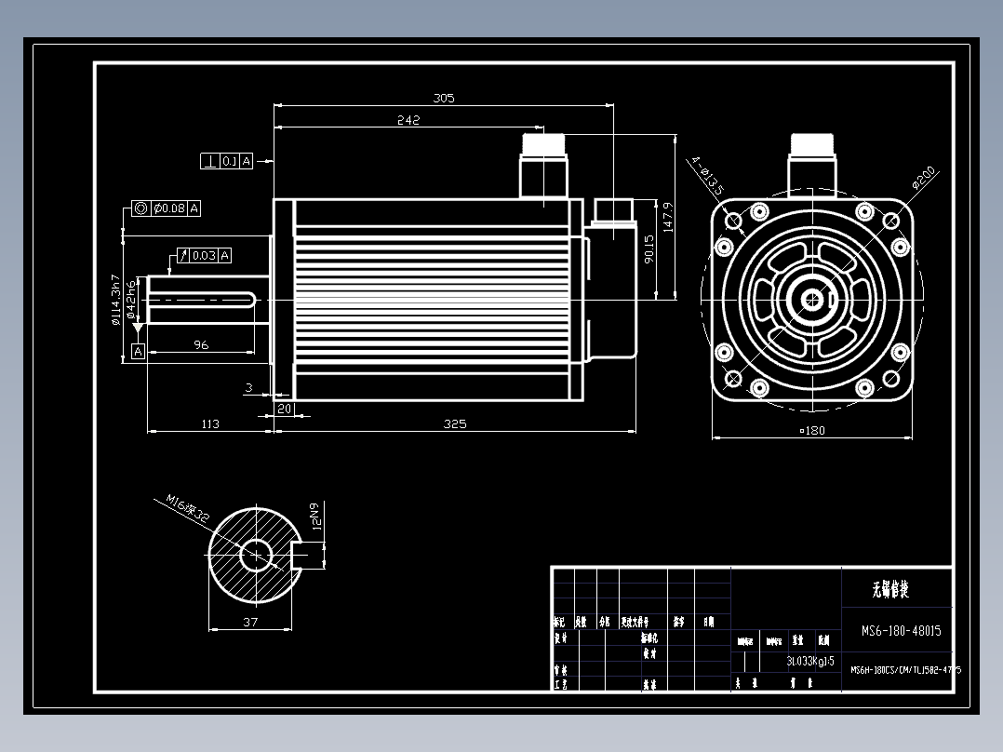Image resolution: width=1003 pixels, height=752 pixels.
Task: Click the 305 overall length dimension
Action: coord(444,98)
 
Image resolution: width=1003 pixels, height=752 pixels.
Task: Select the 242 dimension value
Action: coord(408,120)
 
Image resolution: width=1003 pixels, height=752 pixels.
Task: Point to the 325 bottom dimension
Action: coord(455,424)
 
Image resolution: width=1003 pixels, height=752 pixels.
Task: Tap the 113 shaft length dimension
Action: coord(210,424)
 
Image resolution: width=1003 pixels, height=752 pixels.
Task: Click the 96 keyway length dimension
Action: coord(201,345)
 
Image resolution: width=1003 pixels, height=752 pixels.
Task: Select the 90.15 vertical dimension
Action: coord(649,248)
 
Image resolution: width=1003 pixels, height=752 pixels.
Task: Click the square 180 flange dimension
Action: coord(812,430)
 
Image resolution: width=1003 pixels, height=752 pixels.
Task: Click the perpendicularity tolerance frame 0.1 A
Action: coord(227,161)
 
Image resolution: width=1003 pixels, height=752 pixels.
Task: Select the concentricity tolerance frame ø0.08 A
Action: coord(167,208)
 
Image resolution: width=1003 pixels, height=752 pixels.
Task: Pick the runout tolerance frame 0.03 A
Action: coord(204,255)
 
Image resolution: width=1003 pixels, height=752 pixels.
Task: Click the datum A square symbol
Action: coord(138,351)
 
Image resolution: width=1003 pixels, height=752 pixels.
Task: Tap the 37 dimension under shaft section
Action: coord(250,623)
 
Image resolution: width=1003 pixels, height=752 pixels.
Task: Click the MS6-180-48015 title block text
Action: coord(901,631)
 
